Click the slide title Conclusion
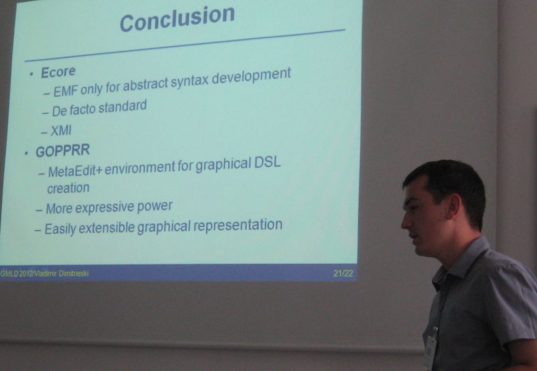(x=177, y=19)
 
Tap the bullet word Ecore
(x=58, y=72)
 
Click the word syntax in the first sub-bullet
(x=190, y=81)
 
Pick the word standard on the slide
(x=122, y=106)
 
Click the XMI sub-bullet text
(x=61, y=131)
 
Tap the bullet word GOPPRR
(x=63, y=151)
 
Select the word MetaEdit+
(x=75, y=171)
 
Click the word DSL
(x=267, y=162)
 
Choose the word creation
(x=68, y=188)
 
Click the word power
(x=155, y=206)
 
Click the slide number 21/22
(x=343, y=273)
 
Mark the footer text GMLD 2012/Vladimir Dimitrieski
(x=44, y=273)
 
